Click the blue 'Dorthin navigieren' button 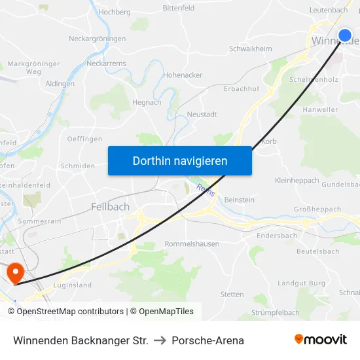[179, 160]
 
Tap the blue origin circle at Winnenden [345, 35]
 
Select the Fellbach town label [110, 207]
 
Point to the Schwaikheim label [251, 49]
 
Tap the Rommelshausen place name [192, 244]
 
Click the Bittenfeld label [179, 9]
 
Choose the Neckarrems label [106, 63]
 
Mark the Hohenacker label [183, 75]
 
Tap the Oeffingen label [84, 139]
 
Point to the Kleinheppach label [297, 180]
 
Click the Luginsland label [73, 285]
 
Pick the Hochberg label [115, 12]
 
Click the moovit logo [320, 340]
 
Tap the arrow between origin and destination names [160, 340]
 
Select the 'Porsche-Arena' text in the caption [207, 340]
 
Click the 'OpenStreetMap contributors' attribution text [70, 312]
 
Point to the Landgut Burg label [301, 283]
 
